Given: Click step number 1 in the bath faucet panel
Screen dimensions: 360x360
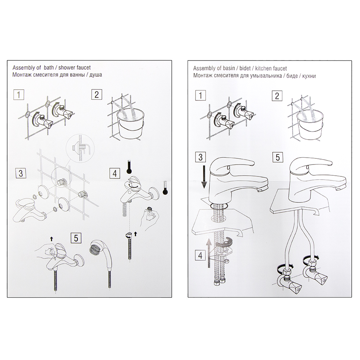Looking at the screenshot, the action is tap(19, 95).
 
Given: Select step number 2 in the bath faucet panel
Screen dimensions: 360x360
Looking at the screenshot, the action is tap(96, 95).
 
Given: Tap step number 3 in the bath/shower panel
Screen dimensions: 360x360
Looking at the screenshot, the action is tap(21, 173).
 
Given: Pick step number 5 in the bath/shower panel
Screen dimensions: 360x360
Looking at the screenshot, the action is tap(76, 238).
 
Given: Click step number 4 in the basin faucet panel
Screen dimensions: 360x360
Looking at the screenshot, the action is tap(201, 255).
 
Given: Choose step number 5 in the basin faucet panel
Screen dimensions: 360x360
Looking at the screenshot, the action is tap(278, 157).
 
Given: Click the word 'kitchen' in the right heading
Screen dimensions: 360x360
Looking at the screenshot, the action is tap(264, 68).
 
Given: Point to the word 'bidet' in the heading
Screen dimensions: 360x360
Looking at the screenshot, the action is tap(245, 68).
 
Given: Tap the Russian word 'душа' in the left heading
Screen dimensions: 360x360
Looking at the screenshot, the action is tap(96, 75).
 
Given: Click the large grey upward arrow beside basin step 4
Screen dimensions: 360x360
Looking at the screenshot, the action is tap(209, 253).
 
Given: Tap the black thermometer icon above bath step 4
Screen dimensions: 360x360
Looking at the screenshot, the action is tap(130, 166).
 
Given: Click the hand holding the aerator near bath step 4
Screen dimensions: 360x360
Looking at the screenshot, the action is tap(149, 218).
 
